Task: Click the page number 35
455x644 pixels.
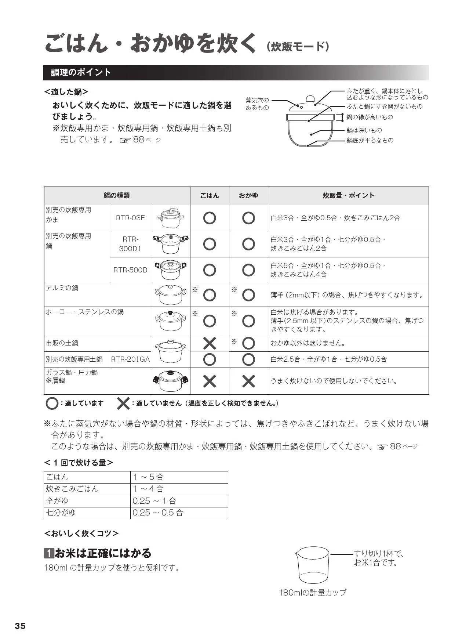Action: [x=20, y=626]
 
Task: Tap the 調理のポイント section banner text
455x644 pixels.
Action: [x=81, y=72]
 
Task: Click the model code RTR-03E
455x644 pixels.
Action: [x=130, y=218]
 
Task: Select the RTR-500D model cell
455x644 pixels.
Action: [x=130, y=270]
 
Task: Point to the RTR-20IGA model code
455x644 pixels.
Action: [x=130, y=359]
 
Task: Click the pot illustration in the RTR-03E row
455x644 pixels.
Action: [x=170, y=218]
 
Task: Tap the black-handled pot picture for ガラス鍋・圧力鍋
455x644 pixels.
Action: [x=170, y=381]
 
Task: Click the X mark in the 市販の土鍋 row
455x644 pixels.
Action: [x=210, y=343]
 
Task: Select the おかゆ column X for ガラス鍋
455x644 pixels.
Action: [x=248, y=381]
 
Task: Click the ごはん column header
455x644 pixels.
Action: [x=210, y=196]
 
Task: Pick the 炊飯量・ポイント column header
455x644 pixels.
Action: [x=348, y=196]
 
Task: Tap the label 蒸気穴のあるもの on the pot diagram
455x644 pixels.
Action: [x=257, y=104]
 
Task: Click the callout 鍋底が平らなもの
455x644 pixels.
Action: [x=370, y=140]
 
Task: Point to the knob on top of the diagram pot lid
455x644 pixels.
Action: [x=310, y=99]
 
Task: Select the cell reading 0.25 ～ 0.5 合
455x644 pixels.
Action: [x=158, y=513]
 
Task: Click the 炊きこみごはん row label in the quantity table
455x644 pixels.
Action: [x=72, y=489]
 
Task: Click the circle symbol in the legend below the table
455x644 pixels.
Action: [x=52, y=404]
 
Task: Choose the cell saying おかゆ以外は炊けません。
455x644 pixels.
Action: [x=308, y=343]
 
